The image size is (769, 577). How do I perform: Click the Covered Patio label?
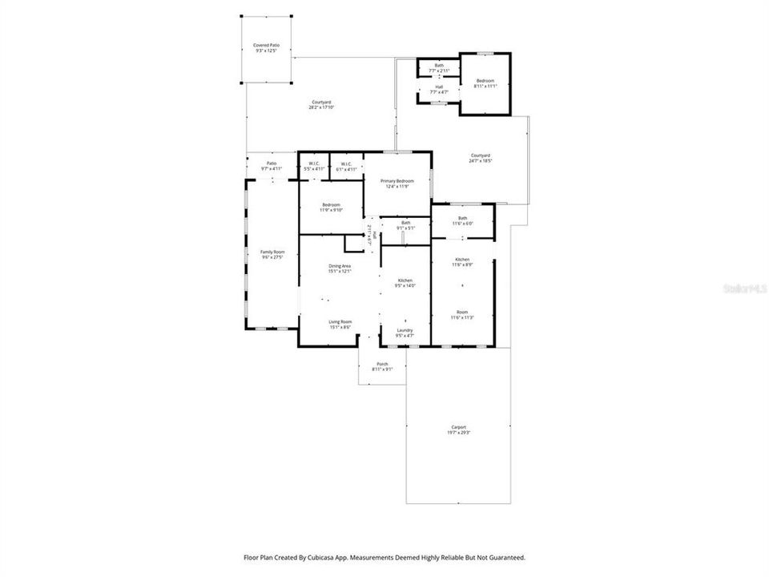click(266, 46)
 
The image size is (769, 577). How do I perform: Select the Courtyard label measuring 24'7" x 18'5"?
click(480, 155)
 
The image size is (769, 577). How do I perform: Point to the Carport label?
click(458, 427)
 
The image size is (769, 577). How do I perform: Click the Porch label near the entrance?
click(382, 364)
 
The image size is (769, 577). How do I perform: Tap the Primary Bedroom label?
click(397, 181)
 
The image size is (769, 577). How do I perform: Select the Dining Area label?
click(339, 266)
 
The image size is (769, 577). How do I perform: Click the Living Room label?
click(340, 321)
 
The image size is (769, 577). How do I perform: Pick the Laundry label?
click(405, 330)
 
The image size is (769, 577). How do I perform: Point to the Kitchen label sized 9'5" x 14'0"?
click(405, 280)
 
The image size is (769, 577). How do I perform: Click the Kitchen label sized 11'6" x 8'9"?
click(462, 260)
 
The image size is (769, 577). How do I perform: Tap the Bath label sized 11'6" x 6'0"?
click(462, 218)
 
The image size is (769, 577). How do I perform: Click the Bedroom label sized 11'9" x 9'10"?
click(331, 204)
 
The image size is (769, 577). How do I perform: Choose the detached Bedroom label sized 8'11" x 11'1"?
click(485, 81)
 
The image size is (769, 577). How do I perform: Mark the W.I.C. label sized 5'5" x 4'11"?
click(314, 163)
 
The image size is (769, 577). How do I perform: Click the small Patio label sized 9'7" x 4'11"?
click(272, 163)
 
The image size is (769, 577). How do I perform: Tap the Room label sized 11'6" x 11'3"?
click(462, 312)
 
